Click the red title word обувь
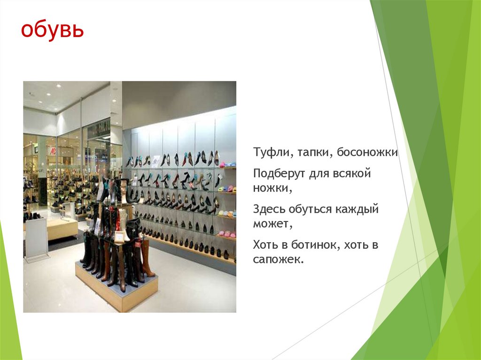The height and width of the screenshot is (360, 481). tap(52, 31)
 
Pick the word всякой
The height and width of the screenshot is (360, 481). tap(353, 174)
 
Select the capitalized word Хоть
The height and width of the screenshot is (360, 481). tap(266, 245)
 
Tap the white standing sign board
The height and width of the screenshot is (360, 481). tap(37, 237)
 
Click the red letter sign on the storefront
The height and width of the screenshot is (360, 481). tap(53, 151)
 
